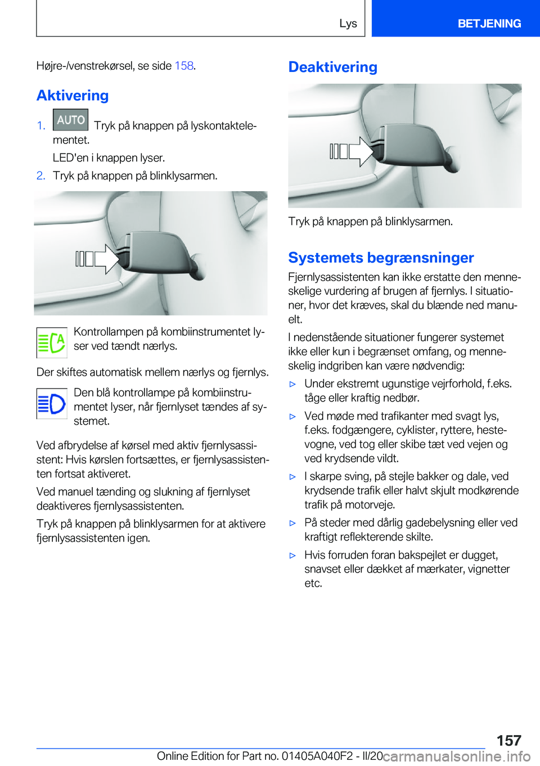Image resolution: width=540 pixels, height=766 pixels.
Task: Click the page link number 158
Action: [x=184, y=66]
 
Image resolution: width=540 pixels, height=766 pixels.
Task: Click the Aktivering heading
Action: [x=73, y=96]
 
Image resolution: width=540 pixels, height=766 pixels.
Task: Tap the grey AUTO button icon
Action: [x=70, y=120]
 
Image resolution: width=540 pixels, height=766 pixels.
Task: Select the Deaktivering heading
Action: [x=332, y=67]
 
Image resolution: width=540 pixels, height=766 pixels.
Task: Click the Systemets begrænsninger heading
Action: [x=381, y=258]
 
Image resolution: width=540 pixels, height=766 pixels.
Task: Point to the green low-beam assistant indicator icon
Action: [x=52, y=343]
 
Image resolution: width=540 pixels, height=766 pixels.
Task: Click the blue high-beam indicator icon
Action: [x=52, y=403]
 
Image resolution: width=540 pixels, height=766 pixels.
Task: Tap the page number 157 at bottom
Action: [x=508, y=740]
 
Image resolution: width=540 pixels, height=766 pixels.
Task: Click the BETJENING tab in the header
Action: [x=489, y=24]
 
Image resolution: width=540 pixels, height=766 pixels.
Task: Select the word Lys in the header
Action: [x=348, y=24]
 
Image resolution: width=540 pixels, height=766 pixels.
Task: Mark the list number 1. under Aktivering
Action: [x=41, y=125]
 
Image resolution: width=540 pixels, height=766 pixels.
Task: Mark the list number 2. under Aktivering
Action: [x=41, y=175]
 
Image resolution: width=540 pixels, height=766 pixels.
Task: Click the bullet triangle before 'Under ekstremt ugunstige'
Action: [x=292, y=384]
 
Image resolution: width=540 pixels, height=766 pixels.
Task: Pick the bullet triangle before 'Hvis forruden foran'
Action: [x=292, y=556]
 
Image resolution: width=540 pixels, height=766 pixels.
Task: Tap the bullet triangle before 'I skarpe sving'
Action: [x=292, y=477]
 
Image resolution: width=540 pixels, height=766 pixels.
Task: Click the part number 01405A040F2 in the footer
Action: [x=317, y=756]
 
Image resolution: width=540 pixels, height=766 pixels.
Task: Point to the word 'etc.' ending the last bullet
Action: [x=313, y=583]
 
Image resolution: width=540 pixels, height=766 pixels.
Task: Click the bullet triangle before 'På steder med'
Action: [x=292, y=523]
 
